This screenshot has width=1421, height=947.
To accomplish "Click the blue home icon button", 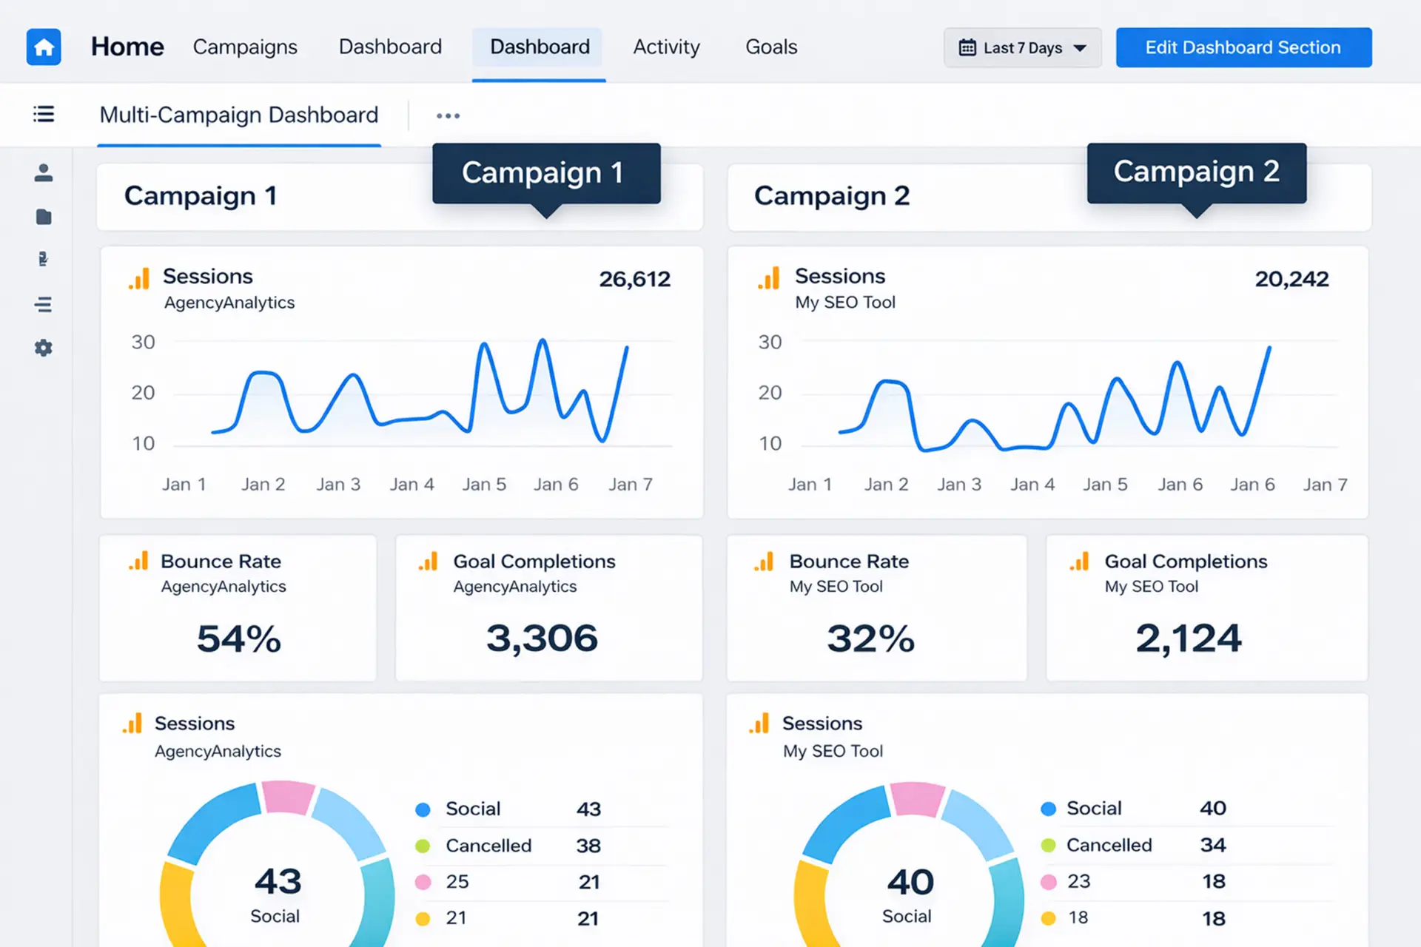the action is [44, 47].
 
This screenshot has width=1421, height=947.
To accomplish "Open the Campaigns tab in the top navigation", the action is [245, 47].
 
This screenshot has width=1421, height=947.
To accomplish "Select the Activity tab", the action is [666, 47].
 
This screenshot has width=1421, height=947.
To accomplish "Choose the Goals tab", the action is [771, 47].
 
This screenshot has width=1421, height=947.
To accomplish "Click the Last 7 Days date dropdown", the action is [1022, 48].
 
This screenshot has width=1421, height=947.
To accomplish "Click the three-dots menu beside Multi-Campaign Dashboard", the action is [448, 115].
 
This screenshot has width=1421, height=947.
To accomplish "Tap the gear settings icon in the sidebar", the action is [44, 348].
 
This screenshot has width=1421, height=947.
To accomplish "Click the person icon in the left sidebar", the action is [44, 172].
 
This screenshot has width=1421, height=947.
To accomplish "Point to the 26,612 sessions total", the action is [634, 279].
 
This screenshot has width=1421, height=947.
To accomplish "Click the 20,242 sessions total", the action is [1291, 279].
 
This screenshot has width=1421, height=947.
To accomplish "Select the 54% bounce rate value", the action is [239, 638].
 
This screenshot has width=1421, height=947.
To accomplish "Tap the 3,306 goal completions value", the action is [542, 638].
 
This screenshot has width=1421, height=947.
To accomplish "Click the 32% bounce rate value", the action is [870, 638].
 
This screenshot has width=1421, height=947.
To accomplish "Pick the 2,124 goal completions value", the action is [1189, 638].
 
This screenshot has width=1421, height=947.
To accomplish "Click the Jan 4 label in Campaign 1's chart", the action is [412, 485].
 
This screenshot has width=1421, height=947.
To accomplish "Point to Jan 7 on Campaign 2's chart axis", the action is [1325, 485].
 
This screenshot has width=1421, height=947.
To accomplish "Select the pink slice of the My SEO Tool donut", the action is [917, 798].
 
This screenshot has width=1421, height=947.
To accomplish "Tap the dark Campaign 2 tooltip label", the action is [1197, 172].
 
